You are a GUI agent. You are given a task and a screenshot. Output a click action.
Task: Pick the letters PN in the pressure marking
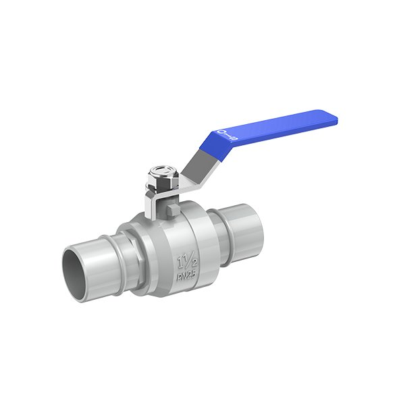pos(181,277)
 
